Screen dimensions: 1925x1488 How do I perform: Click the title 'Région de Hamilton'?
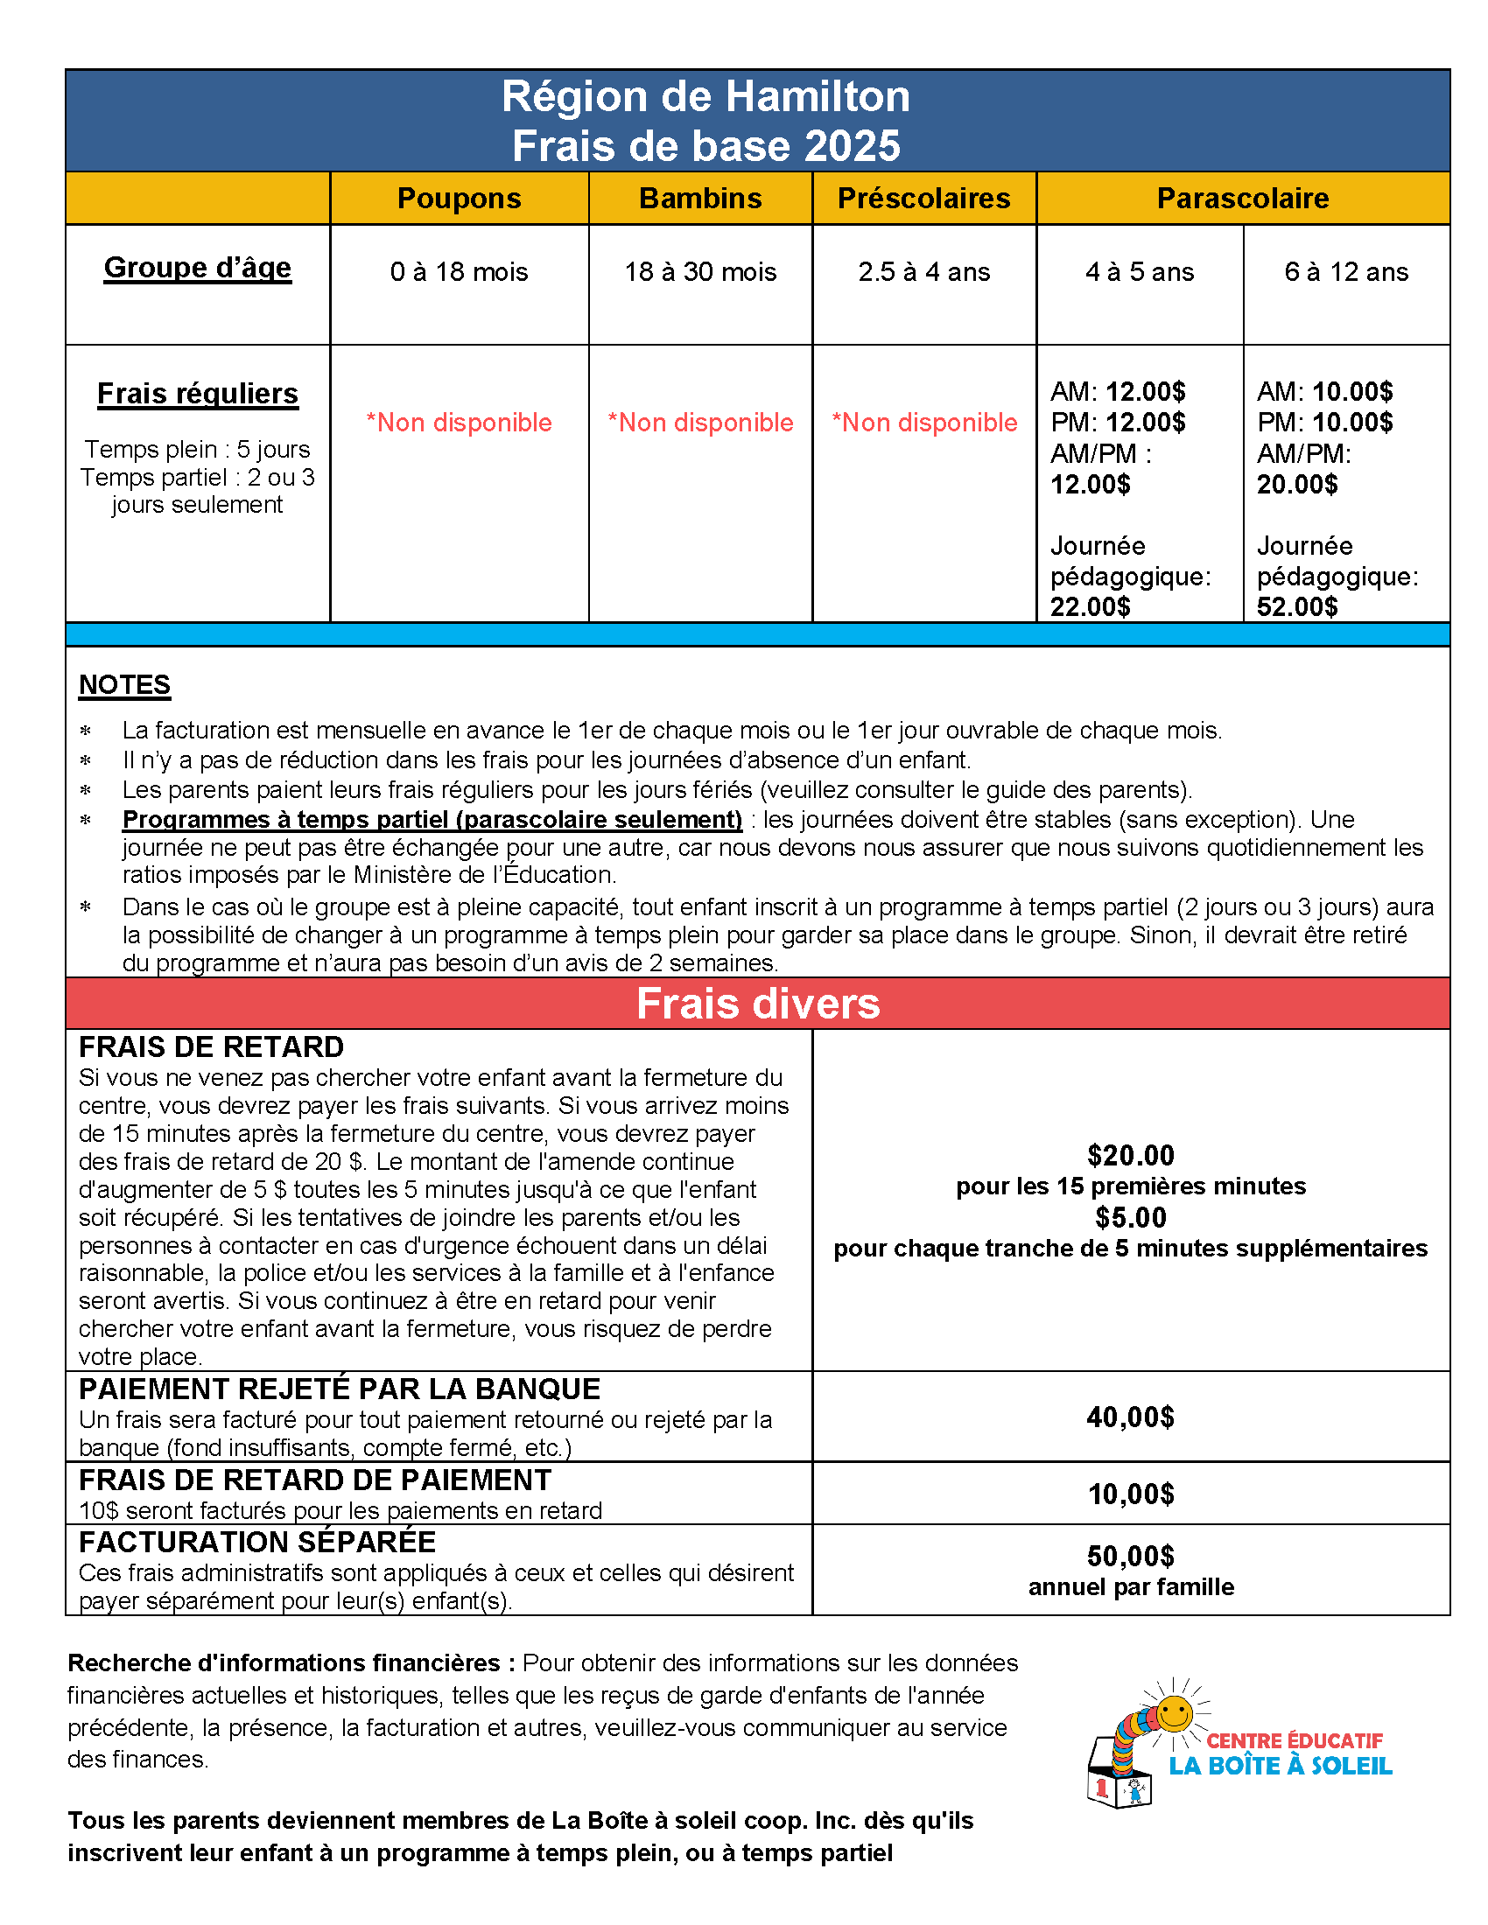[x=705, y=97]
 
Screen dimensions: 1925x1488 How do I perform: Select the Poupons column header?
[x=460, y=199]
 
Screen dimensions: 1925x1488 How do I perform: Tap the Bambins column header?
[x=700, y=199]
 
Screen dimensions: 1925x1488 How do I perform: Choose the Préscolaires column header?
[x=923, y=199]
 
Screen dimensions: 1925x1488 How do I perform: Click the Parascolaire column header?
[x=1242, y=199]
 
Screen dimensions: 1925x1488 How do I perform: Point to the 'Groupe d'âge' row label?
[x=198, y=268]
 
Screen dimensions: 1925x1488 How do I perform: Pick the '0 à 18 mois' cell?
[x=460, y=272]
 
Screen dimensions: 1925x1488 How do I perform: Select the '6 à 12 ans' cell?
[x=1346, y=272]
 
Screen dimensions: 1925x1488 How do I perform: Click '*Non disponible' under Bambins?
[x=700, y=423]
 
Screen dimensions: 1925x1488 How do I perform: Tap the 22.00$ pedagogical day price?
[x=1090, y=607]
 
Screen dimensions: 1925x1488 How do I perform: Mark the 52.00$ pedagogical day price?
[x=1296, y=607]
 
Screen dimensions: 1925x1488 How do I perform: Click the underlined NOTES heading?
[x=124, y=685]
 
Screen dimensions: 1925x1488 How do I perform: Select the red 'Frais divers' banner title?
[x=757, y=1004]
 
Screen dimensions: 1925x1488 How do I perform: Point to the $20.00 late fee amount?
[x=1130, y=1156]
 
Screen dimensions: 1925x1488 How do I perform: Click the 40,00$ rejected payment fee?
[x=1130, y=1417]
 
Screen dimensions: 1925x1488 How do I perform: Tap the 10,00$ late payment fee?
[x=1130, y=1494]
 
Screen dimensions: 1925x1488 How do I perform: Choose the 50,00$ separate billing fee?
[x=1130, y=1557]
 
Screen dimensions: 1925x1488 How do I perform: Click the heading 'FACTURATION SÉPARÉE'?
[x=256, y=1543]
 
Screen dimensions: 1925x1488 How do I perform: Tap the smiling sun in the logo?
[x=1173, y=1714]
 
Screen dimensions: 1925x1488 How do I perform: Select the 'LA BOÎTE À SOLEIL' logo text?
[x=1280, y=1767]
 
